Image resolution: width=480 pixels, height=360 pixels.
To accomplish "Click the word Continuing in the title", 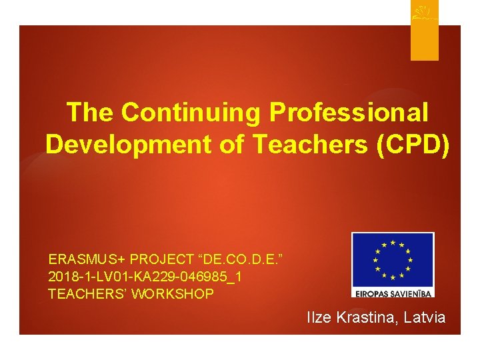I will (191, 113).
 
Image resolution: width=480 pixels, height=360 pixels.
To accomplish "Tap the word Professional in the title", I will (349, 113).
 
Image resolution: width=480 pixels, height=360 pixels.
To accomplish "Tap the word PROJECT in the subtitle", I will (158, 259).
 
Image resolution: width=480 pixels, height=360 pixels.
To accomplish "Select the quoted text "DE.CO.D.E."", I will (237, 259).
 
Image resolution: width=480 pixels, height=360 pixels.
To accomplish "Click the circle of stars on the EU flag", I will (393, 259).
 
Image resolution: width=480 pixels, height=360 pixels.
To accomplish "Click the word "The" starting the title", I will (91, 113).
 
